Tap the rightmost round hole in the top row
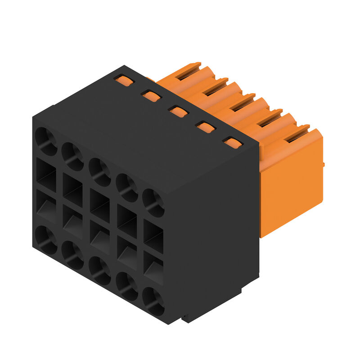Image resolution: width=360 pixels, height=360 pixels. (153, 203)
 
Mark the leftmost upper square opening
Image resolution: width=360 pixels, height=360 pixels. (46, 173)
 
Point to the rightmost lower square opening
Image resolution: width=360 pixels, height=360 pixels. (153, 268)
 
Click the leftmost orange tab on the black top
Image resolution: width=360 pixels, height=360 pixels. (124, 81)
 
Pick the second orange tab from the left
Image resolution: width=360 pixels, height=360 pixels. (151, 96)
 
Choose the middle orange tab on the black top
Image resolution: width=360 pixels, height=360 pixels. (178, 111)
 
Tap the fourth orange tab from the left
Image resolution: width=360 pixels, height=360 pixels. (205, 127)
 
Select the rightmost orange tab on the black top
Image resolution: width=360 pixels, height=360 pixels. (233, 143)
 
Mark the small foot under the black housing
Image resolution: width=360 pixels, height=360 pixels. (185, 319)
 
